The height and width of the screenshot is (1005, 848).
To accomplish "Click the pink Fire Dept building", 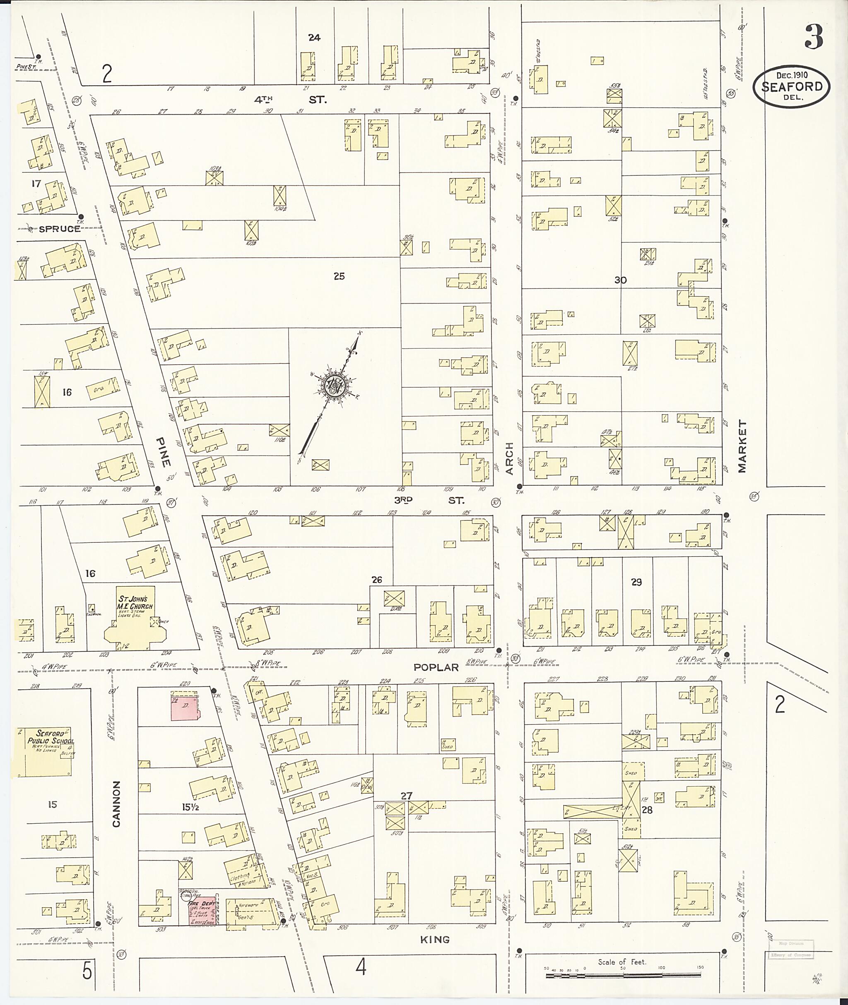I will [201, 910].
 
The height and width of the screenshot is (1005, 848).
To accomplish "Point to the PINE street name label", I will [164, 452].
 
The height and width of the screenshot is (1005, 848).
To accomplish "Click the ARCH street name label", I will [510, 458].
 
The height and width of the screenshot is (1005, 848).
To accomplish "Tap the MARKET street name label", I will [742, 447].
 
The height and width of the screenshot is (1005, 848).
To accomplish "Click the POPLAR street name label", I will [436, 667].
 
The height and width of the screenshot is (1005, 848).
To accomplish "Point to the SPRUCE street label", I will [60, 229].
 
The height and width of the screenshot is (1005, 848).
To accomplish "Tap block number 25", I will [339, 276].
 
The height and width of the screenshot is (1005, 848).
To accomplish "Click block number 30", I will [620, 280].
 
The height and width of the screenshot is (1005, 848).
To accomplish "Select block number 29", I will [636, 582].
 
